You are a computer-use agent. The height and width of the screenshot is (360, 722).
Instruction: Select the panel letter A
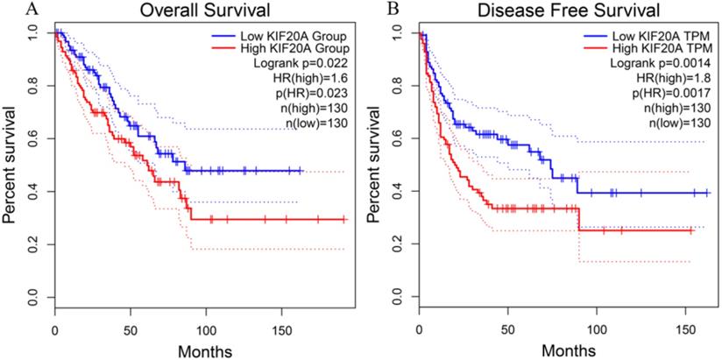[x=8, y=9]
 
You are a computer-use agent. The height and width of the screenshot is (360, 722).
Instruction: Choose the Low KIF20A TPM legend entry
[x=656, y=33]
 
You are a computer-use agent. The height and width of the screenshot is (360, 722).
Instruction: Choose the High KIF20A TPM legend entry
[x=655, y=48]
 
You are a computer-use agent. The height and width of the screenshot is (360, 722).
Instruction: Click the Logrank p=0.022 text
[x=302, y=64]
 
